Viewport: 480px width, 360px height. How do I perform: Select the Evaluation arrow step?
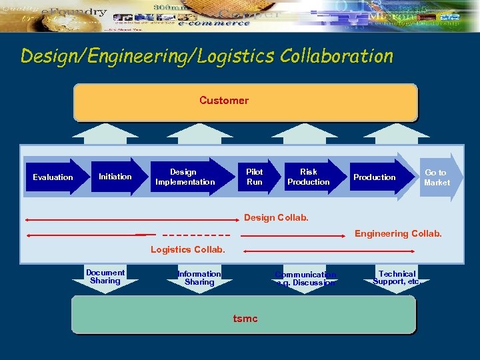(x=53, y=177)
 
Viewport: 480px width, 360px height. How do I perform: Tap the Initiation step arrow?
(x=116, y=177)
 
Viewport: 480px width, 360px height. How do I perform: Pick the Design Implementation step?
(x=185, y=177)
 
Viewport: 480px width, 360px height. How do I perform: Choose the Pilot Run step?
(x=255, y=177)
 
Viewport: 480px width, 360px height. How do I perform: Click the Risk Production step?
(x=309, y=177)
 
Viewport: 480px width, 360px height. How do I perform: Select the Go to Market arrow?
(x=437, y=177)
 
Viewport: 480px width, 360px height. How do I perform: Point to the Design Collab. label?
(x=277, y=218)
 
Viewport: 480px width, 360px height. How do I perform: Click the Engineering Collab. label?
(x=398, y=233)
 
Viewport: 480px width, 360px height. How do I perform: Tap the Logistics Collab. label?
(x=188, y=250)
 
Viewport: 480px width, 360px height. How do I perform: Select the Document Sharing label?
(x=105, y=277)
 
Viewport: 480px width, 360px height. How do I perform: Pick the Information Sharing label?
(x=199, y=278)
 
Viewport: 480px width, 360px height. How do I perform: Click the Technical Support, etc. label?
(x=397, y=278)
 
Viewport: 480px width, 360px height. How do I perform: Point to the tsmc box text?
(x=245, y=318)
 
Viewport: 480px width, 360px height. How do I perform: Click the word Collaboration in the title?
(x=337, y=56)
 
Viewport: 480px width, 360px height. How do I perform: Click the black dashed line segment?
(x=196, y=235)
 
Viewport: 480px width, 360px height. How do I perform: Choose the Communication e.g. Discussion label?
(x=305, y=279)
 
